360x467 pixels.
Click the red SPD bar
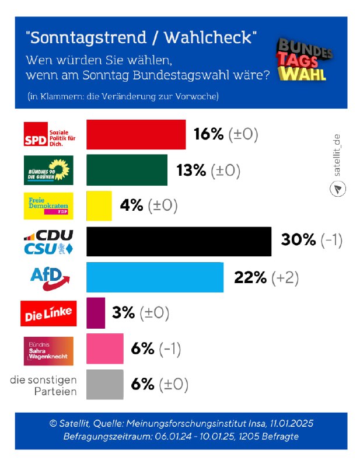coord(136,134)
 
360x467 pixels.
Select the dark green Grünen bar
coord(127,170)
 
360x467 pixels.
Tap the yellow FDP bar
coord(99,205)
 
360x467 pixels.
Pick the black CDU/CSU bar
coord(179,241)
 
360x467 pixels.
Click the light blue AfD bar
coord(155,277)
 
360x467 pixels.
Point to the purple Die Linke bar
coord(96,313)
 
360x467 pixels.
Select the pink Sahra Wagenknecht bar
coord(105,348)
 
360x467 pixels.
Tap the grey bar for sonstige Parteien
coord(105,384)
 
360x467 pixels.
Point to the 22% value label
coord(250,277)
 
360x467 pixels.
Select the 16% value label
coord(208,135)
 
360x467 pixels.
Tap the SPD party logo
coord(49,135)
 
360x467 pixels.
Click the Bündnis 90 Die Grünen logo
coord(49,170)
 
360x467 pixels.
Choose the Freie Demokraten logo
coord(49,206)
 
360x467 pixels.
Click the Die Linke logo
coord(49,313)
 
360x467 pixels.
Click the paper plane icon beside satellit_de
coord(338,189)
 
